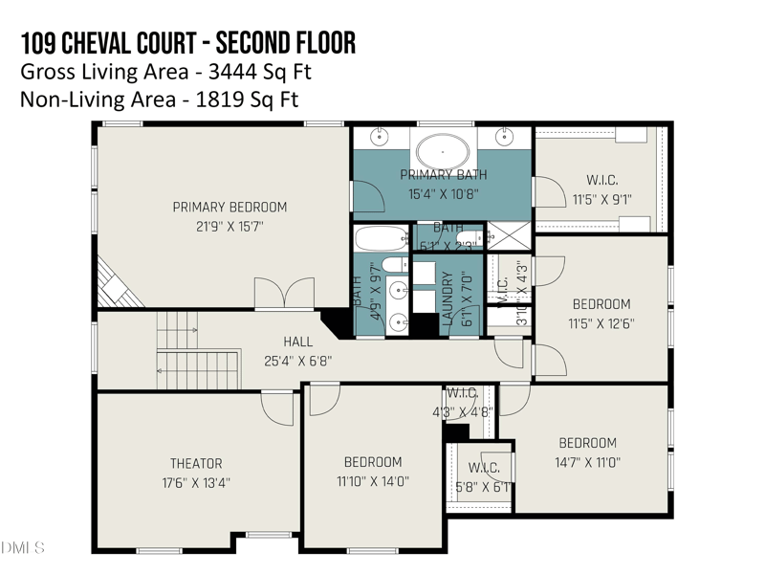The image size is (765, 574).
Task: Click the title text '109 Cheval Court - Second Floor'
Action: pos(187,43)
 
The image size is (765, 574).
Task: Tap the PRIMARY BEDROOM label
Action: pos(229,207)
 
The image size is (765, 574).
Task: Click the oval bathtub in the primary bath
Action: pos(443,151)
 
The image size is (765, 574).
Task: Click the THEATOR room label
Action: pos(196,463)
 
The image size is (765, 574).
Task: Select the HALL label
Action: pos(297,342)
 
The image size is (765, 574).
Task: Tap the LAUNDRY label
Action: pos(447,299)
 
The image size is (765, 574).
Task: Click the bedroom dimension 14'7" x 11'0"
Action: pos(587,461)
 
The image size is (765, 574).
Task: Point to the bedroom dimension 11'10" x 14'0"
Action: pos(372,481)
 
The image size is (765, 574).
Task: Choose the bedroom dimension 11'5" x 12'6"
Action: pos(601,323)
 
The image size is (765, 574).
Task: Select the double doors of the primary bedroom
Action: pos(284,293)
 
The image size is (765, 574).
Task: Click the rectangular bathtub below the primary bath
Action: pos(382,236)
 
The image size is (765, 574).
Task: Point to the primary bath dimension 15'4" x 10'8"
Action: pos(443,192)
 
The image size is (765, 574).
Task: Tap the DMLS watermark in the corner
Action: pos(23,547)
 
